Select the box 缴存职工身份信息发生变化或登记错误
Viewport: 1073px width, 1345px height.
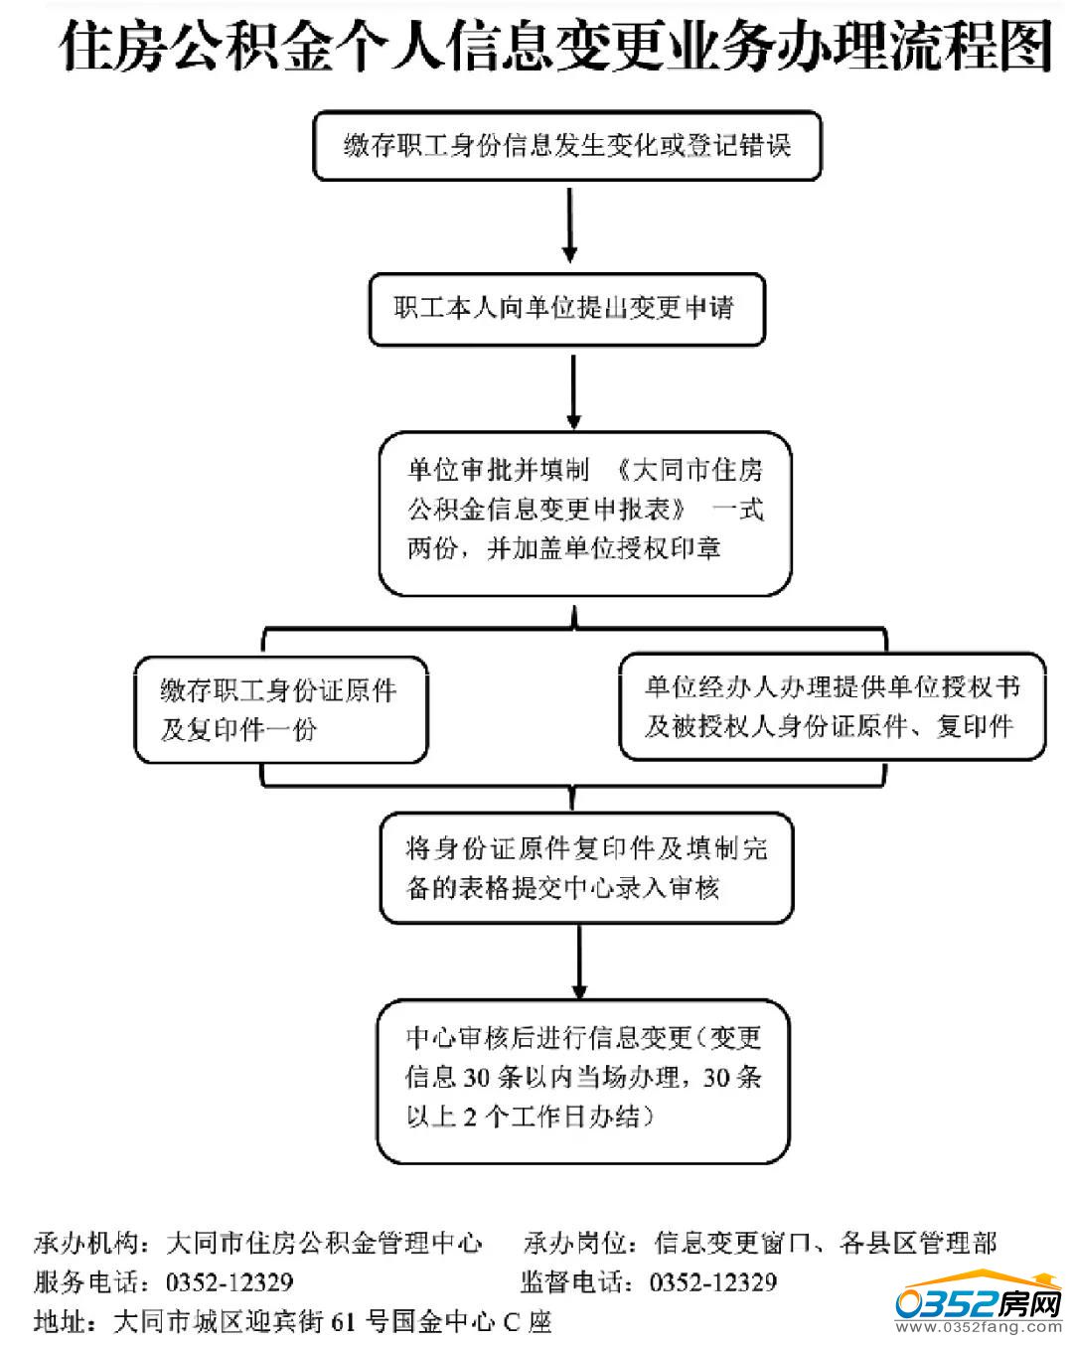point(567,146)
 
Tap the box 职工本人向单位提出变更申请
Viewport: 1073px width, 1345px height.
point(566,309)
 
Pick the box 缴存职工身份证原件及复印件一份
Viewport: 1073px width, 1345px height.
point(281,709)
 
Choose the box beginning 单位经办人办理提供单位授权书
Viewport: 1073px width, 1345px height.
point(833,706)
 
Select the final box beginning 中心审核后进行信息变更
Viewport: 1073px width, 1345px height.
point(583,1080)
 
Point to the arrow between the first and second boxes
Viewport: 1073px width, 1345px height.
point(569,226)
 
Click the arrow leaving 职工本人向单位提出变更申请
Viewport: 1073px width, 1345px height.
point(573,389)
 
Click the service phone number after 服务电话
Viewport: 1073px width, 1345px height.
point(230,1282)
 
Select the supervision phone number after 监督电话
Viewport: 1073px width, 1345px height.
point(712,1282)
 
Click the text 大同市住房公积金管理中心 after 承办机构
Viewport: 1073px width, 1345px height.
point(324,1244)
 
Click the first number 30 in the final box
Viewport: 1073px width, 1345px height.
point(478,1078)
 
